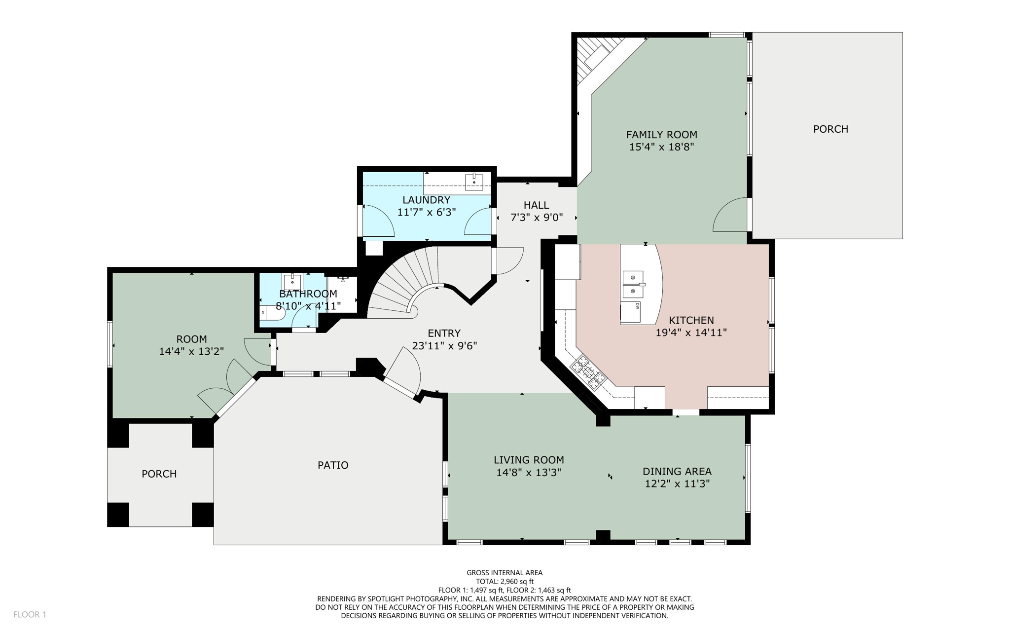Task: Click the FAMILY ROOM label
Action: coord(661,134)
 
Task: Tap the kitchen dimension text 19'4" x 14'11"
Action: coord(690,333)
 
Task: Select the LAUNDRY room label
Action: coord(426,200)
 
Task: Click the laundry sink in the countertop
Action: coord(473,182)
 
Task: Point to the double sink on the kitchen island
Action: coord(633,284)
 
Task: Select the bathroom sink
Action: coord(292,282)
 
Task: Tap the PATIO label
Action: coord(333,465)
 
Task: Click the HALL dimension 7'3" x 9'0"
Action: coord(536,218)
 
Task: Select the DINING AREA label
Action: coord(677,471)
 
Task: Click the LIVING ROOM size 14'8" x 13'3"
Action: coord(528,473)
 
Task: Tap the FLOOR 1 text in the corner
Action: coord(30,614)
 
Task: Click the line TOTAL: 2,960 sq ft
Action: coord(504,581)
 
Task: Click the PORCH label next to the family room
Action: coord(830,129)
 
